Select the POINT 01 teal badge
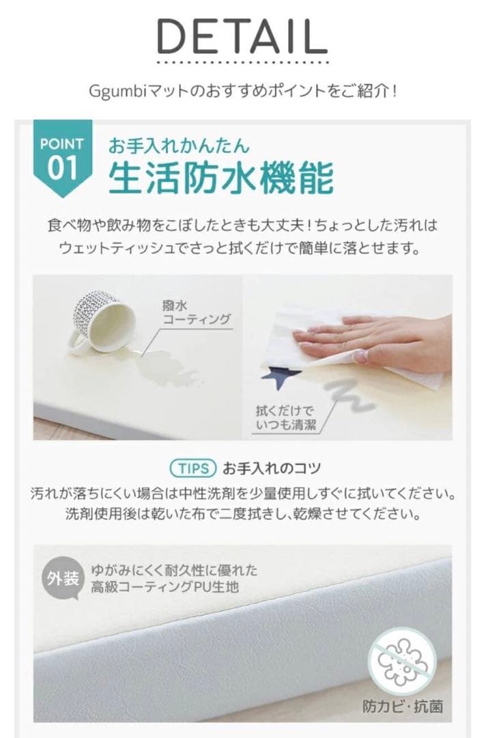[61, 157]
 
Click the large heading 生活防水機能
[221, 178]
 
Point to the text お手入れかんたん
[179, 146]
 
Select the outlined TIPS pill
[192, 469]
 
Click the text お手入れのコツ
[271, 469]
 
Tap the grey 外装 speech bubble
[63, 580]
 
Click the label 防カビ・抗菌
[402, 705]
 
